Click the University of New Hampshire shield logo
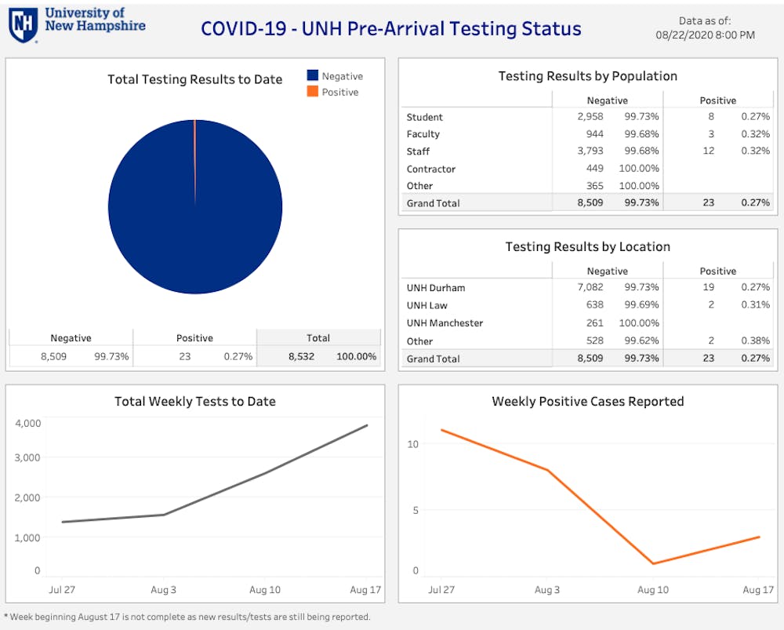[23, 24]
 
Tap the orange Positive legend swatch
[312, 92]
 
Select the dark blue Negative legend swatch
[312, 76]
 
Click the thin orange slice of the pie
[194, 157]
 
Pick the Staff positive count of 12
[709, 151]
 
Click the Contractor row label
[430, 169]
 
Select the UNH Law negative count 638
[595, 305]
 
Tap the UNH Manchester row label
[445, 323]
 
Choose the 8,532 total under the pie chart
[301, 356]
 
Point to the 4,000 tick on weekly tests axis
[27, 423]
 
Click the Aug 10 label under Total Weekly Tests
[265, 589]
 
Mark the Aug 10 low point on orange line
[652, 563]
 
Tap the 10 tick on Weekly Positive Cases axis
[413, 444]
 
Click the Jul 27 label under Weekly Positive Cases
[441, 589]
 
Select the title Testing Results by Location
[587, 246]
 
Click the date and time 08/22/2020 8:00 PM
[705, 35]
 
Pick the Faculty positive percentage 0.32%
[755, 134]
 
